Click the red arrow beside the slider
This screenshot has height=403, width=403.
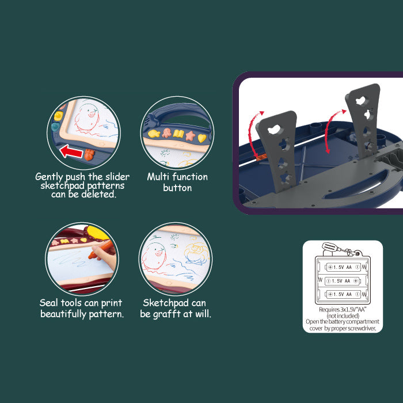click(71, 151)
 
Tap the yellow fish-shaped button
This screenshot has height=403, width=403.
click(154, 134)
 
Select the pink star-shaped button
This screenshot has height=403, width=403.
click(191, 136)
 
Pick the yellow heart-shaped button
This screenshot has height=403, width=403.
click(201, 138)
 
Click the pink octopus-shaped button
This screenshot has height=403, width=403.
click(166, 133)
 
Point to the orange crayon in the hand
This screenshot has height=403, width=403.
click(100, 249)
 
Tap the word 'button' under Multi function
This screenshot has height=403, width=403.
click(177, 188)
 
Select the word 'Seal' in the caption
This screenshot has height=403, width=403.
click(48, 303)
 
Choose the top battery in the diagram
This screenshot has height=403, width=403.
click(343, 267)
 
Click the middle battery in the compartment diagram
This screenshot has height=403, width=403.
click(343, 281)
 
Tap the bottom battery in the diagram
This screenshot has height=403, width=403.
click(343, 294)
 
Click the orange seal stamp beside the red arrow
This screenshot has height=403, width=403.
click(89, 155)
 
